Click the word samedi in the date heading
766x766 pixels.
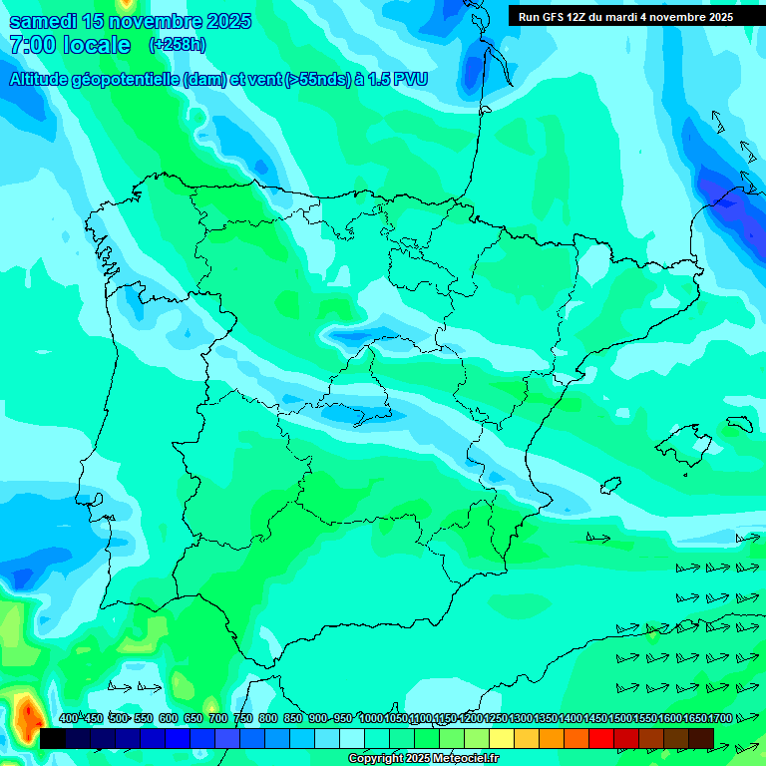44,22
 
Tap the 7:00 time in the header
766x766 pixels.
30,46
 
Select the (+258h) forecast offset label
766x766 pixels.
177,45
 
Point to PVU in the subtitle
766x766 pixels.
409,80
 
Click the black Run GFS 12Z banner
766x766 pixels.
625,17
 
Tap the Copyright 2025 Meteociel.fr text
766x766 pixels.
423,759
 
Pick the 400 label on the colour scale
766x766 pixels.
68,718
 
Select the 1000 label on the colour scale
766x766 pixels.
371,718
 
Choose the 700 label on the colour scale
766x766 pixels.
217,718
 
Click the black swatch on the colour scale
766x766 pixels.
53,738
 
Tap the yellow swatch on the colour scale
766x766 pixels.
502,738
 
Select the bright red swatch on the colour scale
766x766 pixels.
601,738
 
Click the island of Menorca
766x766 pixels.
739,424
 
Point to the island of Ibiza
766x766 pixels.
608,485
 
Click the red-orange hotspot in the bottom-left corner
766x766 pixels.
27,714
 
